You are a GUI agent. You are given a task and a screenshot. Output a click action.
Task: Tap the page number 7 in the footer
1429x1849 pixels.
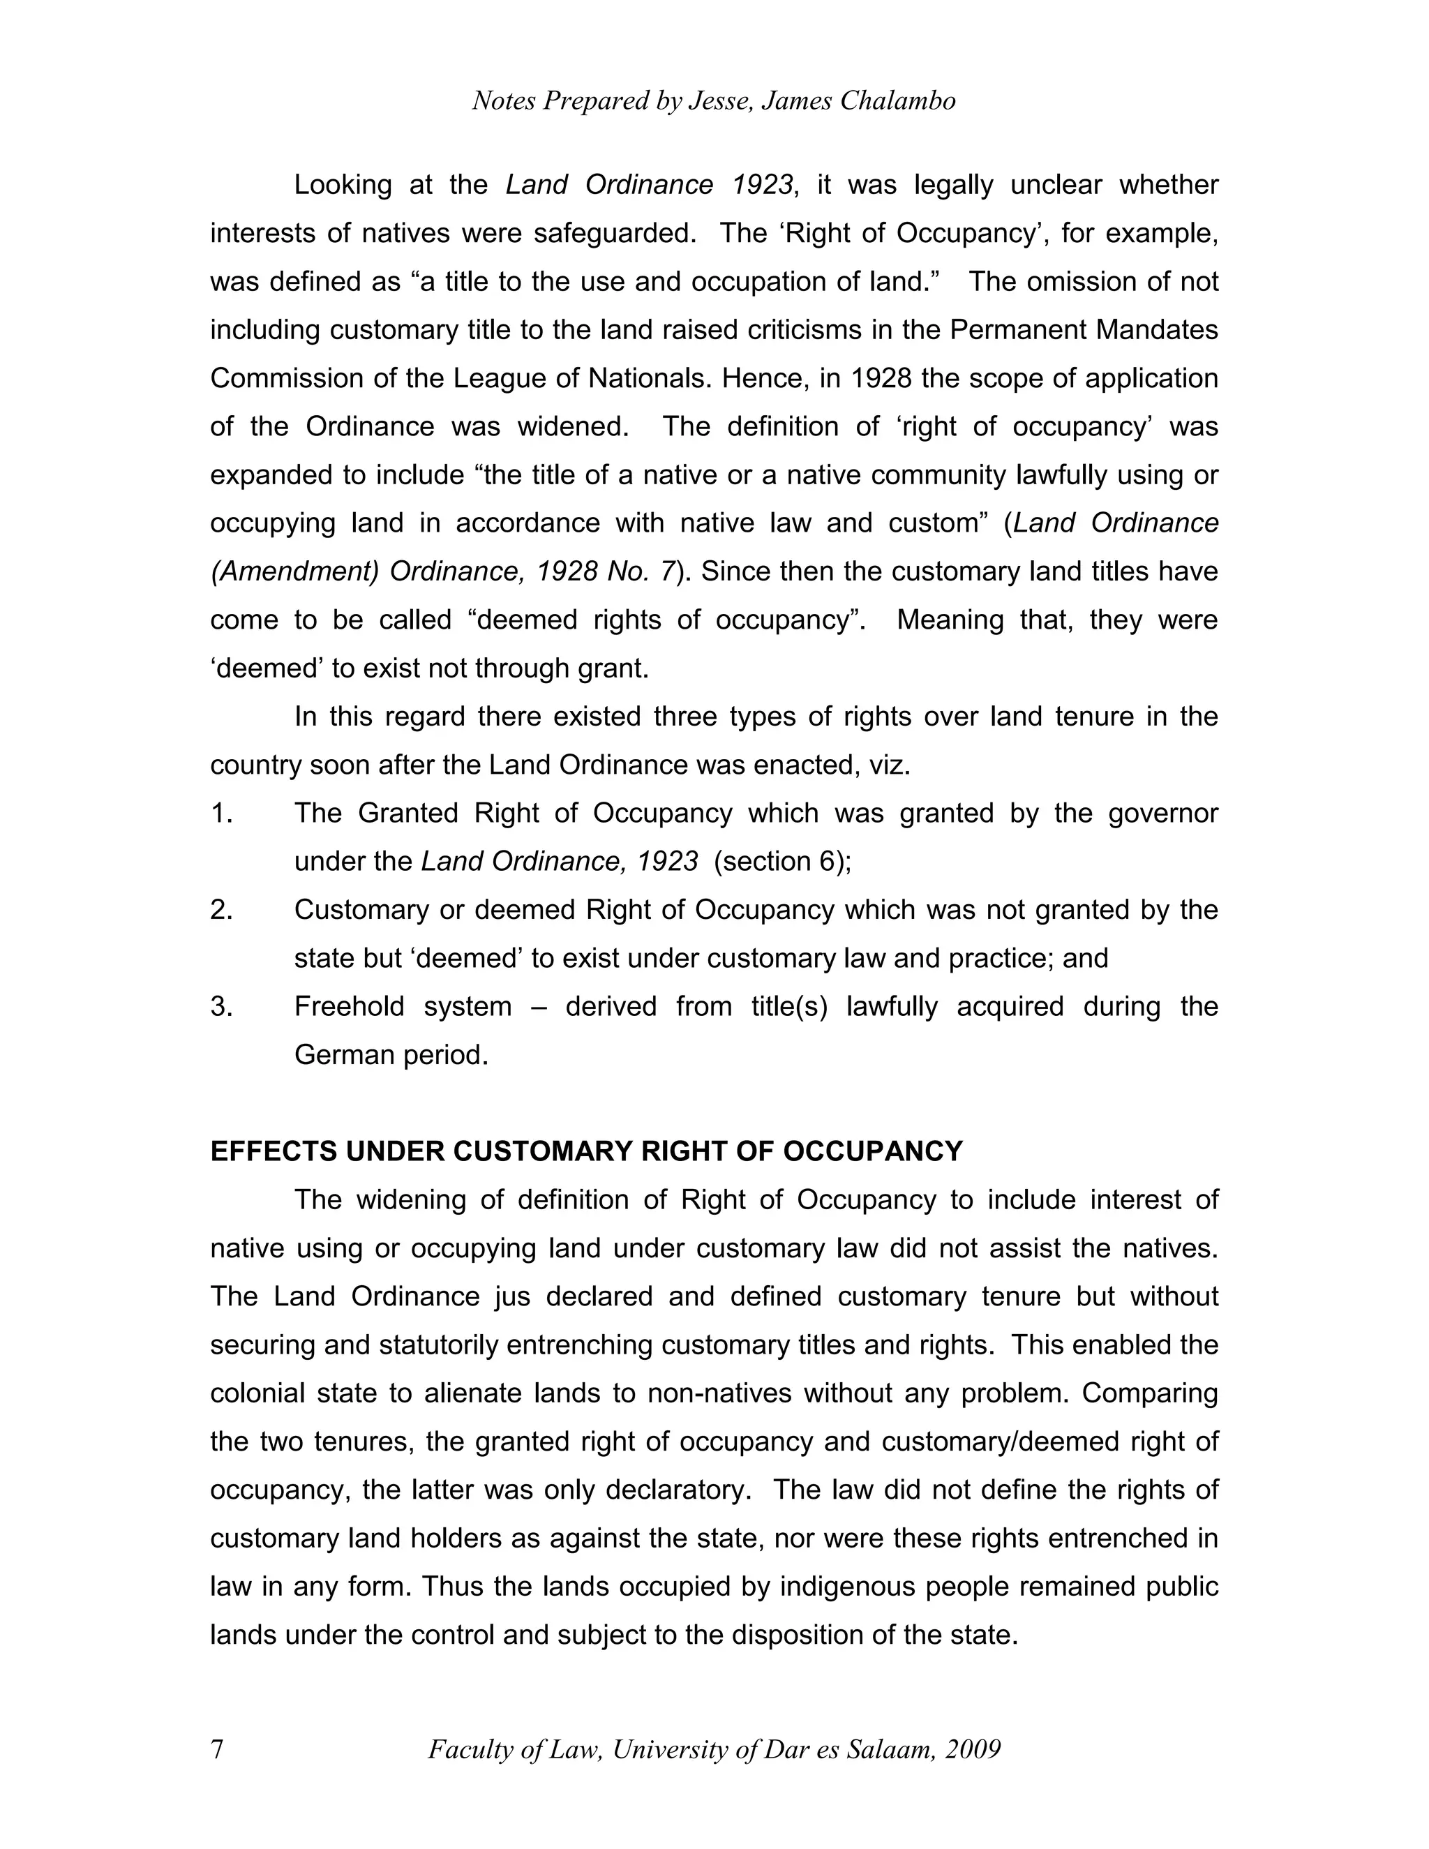click(218, 1749)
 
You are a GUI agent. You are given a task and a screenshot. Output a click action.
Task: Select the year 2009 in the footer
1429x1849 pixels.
click(973, 1749)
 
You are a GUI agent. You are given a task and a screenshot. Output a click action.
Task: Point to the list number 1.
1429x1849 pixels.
click(221, 814)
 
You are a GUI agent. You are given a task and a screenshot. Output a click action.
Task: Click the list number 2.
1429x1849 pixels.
click(221, 910)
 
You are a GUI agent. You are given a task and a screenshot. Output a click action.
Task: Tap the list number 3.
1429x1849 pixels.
click(221, 1007)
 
